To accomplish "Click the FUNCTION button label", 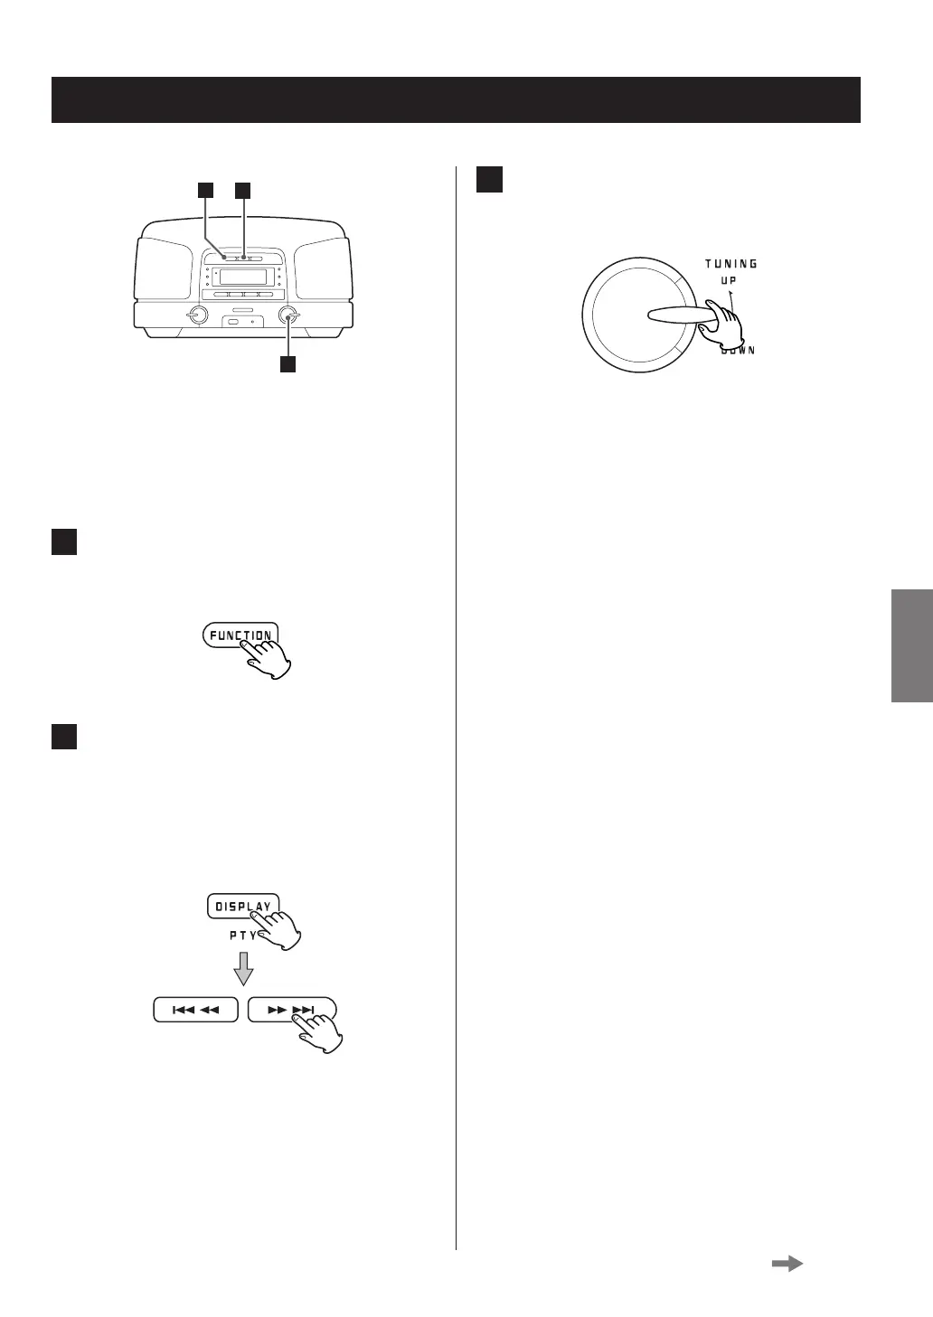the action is tap(240, 635).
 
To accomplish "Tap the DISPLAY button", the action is tap(242, 906).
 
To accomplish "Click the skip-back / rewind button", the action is tap(195, 1010).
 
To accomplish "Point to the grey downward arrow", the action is tap(242, 972).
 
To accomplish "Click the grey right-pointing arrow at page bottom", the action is tap(787, 1265).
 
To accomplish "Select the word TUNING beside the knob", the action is tap(731, 264).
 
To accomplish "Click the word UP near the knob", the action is tap(728, 280).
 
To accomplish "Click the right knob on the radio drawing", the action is tap(289, 315).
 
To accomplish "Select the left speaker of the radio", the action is tap(164, 268).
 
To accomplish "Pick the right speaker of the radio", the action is tap(323, 268).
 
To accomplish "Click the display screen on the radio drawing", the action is tap(243, 276).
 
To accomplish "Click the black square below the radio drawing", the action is tap(287, 364).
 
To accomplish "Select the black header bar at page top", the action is tap(456, 99).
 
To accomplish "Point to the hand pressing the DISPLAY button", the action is tap(280, 929).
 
